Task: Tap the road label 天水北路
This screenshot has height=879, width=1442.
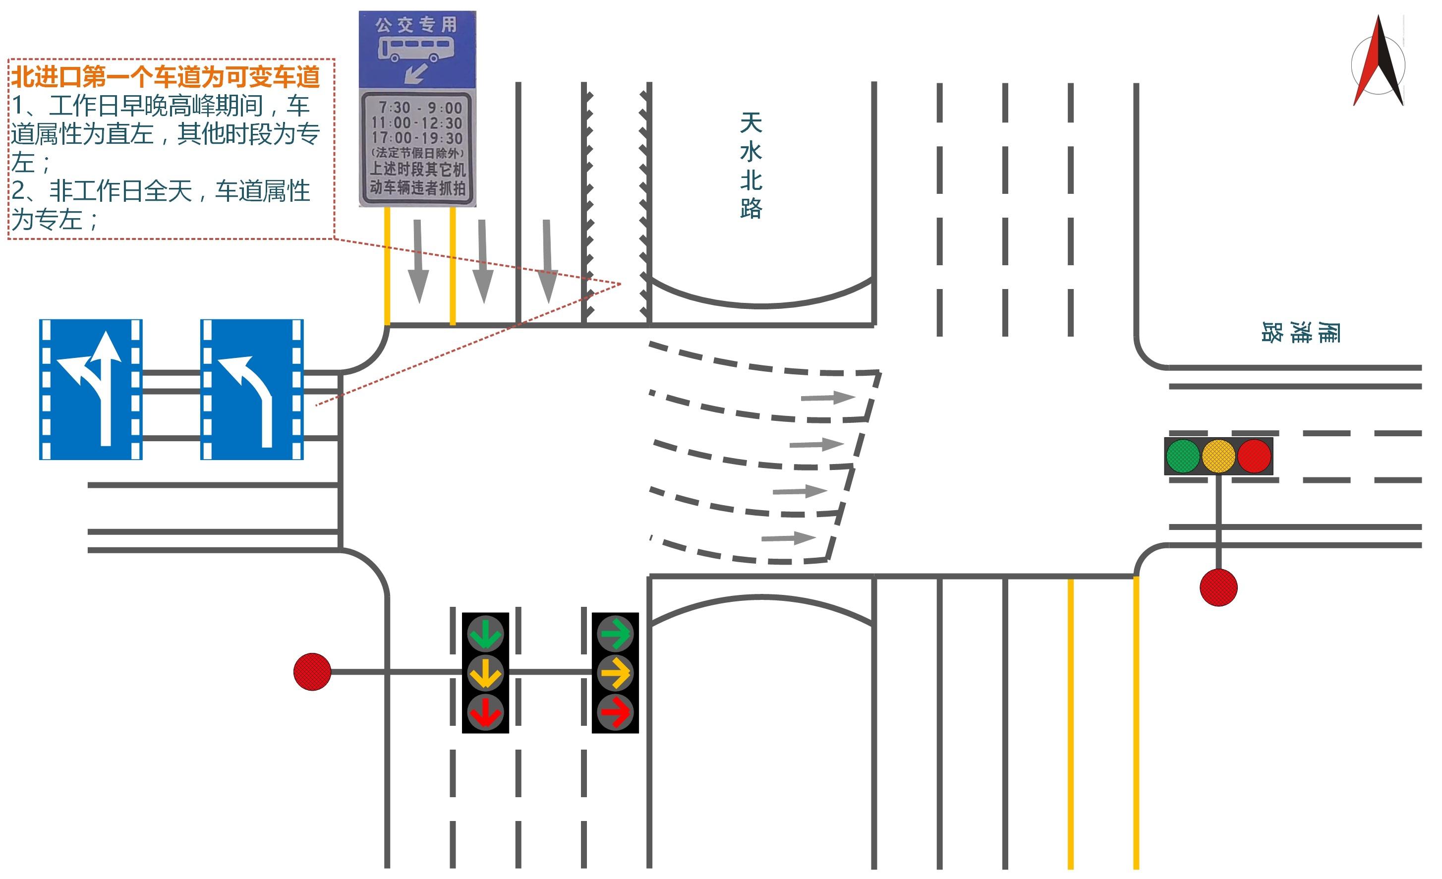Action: click(751, 166)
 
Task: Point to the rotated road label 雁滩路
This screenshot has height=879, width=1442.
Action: click(1300, 332)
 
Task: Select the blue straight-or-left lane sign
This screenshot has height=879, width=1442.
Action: click(91, 389)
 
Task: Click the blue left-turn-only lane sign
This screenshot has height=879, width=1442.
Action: click(252, 389)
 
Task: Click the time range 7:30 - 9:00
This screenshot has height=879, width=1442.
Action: click(419, 108)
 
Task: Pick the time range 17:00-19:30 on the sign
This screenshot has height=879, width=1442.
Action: click(417, 138)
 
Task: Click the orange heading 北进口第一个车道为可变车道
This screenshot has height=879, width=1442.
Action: click(166, 76)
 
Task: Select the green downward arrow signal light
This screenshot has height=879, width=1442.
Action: click(485, 634)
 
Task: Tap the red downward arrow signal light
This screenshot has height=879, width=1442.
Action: click(485, 712)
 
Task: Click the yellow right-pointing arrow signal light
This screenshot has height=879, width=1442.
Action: click(615, 673)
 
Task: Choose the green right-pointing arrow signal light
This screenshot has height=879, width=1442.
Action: click(615, 633)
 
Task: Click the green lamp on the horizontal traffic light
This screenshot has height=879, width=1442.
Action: click(1183, 456)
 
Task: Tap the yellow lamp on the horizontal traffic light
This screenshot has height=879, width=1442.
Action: click(1218, 456)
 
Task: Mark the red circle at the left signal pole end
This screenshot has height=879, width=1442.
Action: click(312, 672)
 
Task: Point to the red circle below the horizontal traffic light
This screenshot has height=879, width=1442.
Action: click(1218, 587)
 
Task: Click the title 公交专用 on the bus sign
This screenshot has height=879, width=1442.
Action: click(416, 25)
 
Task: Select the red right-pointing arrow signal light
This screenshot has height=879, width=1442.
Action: click(615, 712)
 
